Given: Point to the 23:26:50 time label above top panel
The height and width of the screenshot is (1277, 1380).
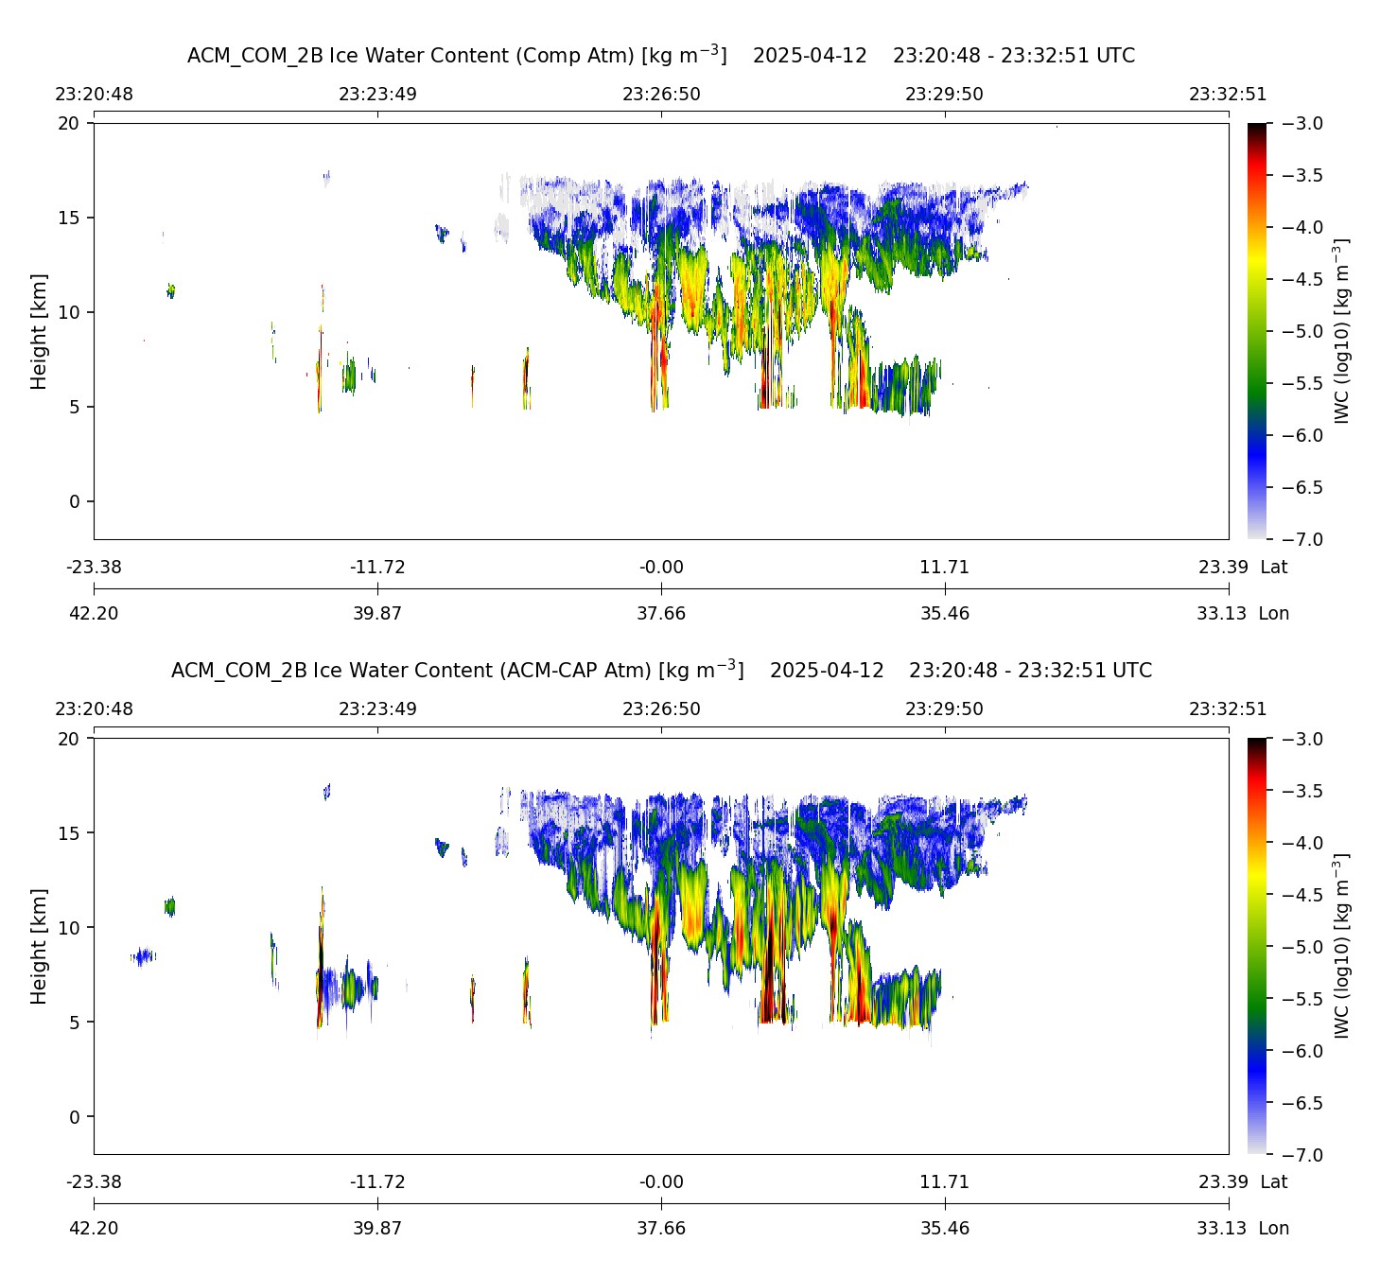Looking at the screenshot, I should (661, 95).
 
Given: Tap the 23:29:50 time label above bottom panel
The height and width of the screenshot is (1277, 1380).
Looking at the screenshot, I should (944, 709).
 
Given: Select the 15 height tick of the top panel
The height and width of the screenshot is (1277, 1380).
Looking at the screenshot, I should (70, 219).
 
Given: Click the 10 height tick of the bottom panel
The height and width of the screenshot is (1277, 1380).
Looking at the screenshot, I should (70, 928).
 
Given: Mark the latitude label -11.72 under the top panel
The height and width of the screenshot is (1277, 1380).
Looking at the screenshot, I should (377, 568).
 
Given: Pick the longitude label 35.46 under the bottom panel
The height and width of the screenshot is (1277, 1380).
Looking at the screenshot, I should (944, 1229).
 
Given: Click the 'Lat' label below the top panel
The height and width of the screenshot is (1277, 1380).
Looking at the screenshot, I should (1274, 568).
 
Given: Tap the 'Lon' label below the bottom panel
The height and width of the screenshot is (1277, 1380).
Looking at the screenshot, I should (1274, 1229).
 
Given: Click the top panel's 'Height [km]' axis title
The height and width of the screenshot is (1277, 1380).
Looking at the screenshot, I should (39, 331).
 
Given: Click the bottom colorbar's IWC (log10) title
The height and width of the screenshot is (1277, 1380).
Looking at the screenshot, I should (1342, 946).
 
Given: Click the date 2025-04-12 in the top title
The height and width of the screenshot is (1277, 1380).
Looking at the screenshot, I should (810, 56).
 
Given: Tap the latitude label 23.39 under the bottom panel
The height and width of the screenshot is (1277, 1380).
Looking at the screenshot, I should (1223, 1182).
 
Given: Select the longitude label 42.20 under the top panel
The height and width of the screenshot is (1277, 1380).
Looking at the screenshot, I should (94, 614).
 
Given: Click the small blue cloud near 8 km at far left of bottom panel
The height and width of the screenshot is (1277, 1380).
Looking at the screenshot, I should (144, 956).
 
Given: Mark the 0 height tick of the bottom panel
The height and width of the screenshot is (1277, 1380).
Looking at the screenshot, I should (75, 1117).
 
